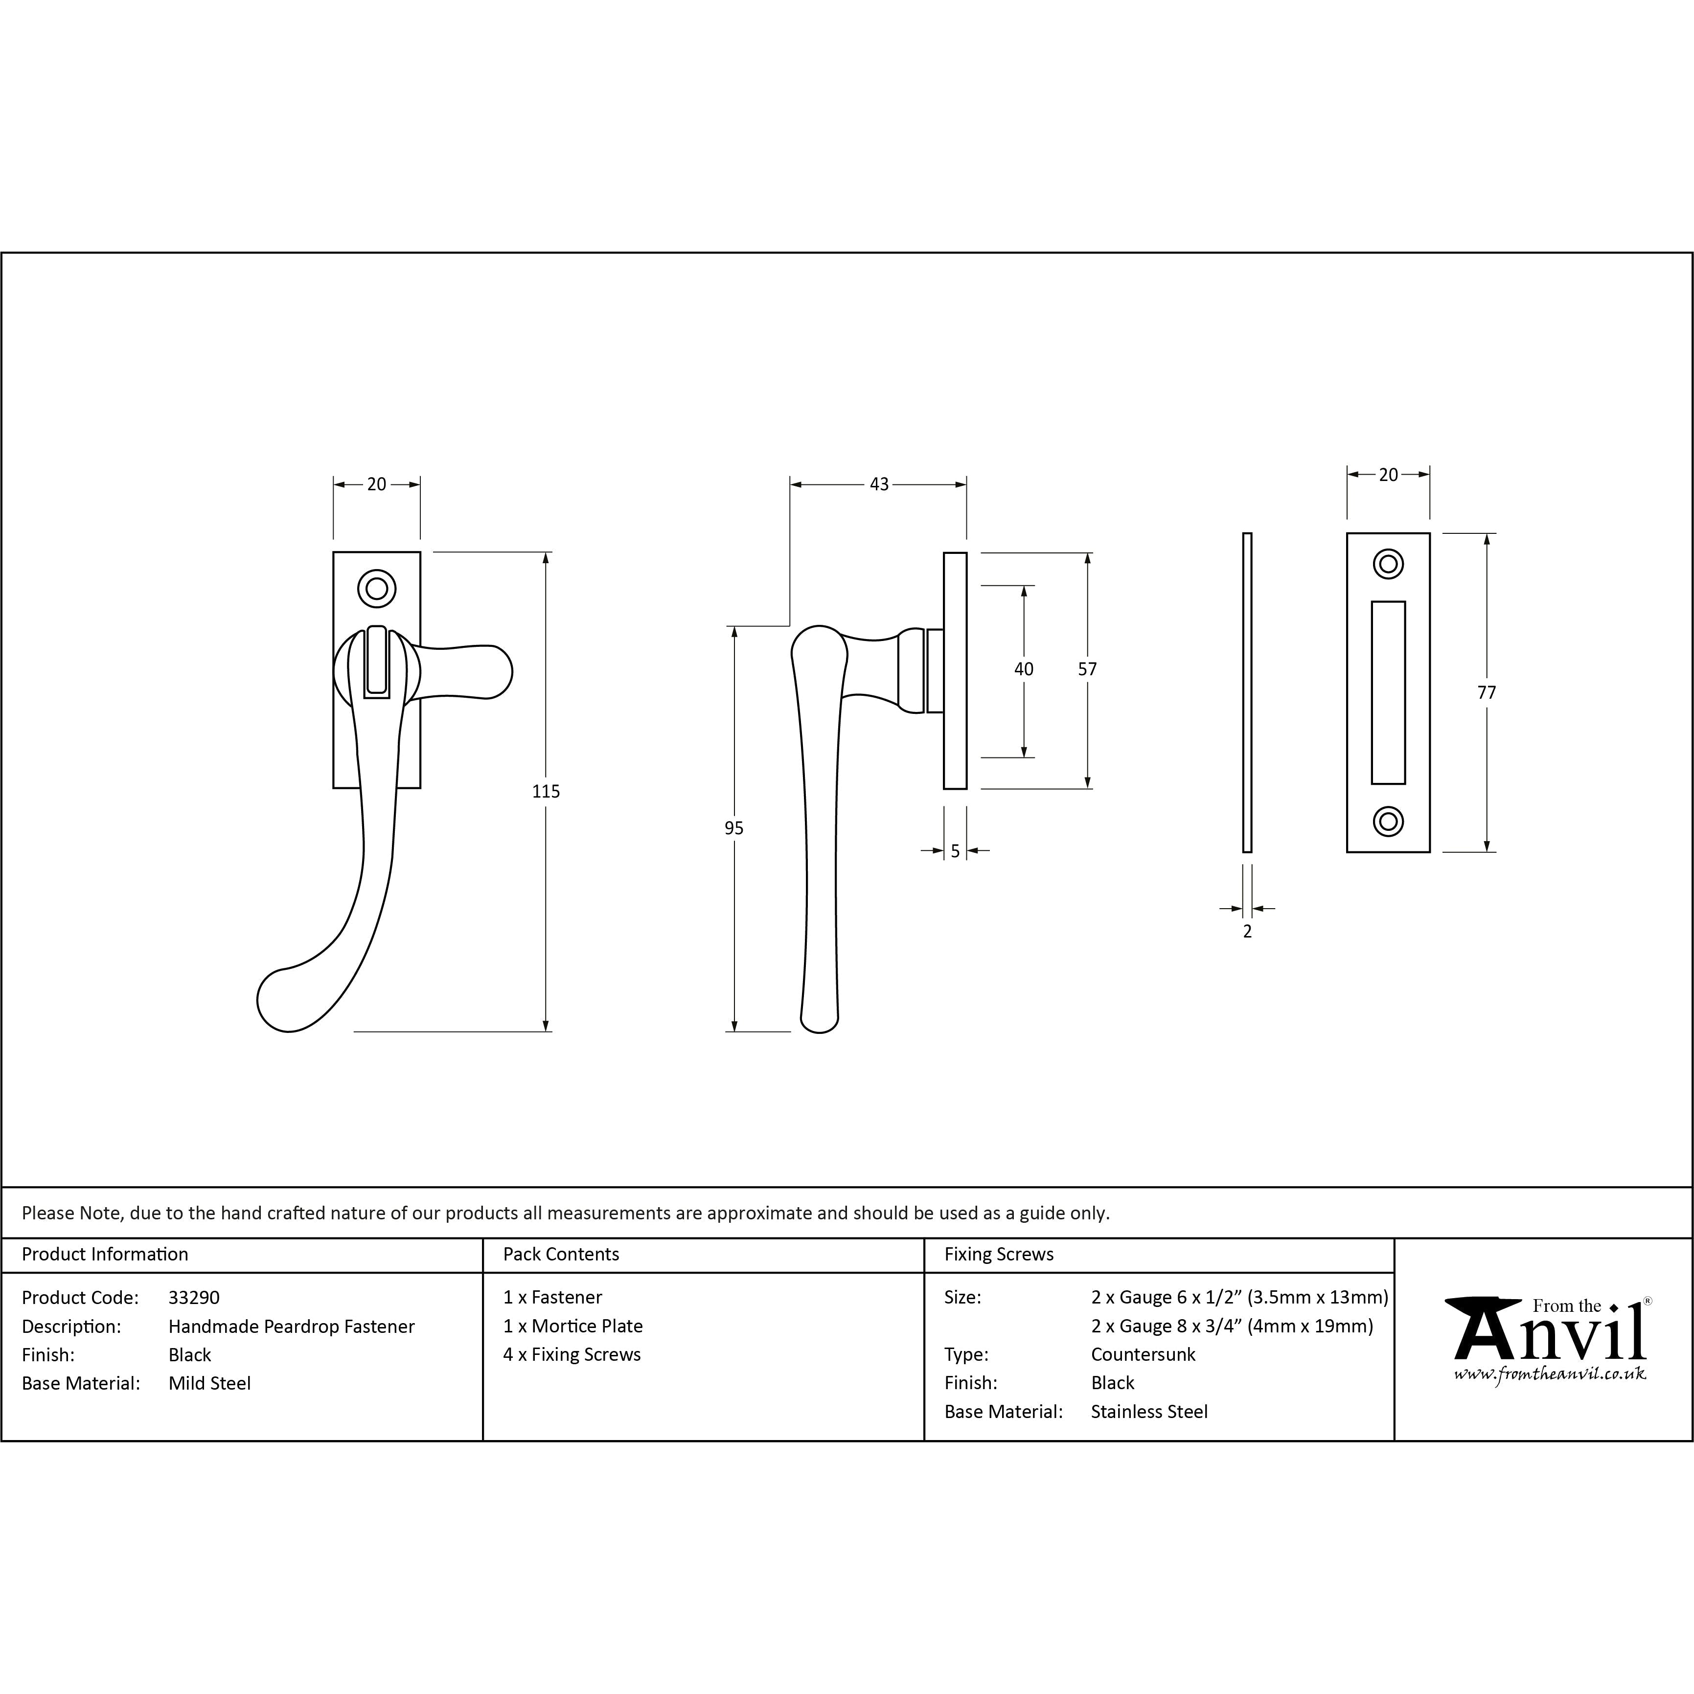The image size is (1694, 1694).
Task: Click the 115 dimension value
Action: (546, 791)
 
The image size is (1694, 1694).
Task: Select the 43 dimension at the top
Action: (879, 484)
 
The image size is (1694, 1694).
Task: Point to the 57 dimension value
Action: (1087, 669)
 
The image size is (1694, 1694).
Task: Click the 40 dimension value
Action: (1023, 669)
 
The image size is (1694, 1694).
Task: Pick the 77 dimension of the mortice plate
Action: (1486, 693)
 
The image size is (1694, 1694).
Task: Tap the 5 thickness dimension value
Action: (955, 850)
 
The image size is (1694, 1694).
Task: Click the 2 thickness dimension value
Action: (1247, 931)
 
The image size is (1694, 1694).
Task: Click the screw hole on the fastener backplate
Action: (377, 588)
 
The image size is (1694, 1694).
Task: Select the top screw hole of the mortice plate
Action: (1388, 564)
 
